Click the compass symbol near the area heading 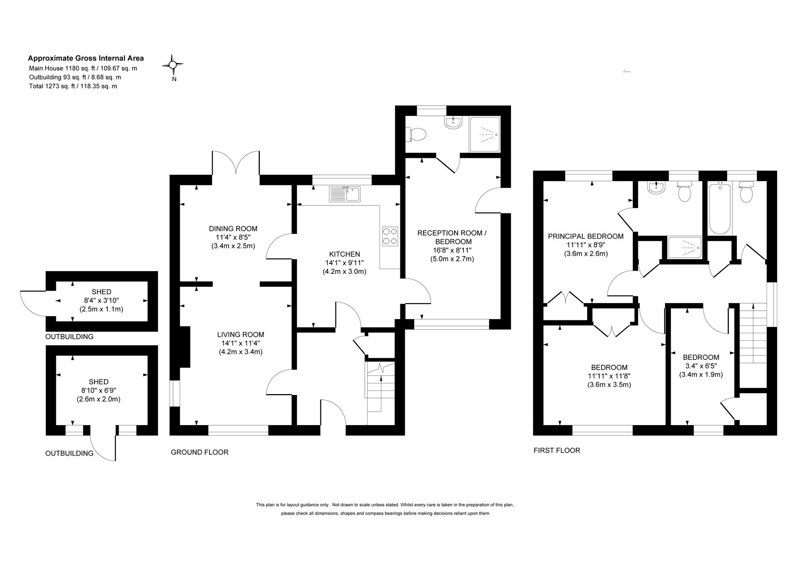[173, 65]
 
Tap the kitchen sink [346, 194]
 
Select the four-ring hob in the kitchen [390, 236]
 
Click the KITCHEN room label [344, 254]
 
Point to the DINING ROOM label [233, 229]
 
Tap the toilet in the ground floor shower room [416, 134]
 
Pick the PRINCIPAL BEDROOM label [585, 237]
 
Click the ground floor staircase [380, 393]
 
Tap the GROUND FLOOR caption [200, 452]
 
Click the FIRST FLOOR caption [557, 450]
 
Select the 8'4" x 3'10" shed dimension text [101, 300]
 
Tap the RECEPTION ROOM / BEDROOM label [452, 237]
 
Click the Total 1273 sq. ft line [73, 86]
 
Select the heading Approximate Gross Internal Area [86, 58]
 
